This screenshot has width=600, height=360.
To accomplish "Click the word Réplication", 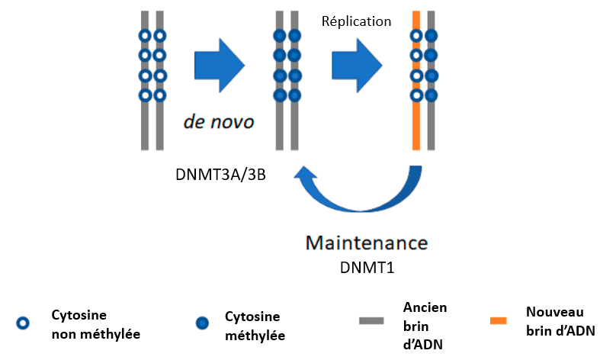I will click(356, 21).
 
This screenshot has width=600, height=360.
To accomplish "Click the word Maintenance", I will click(366, 244).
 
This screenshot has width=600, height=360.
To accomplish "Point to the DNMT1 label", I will click(367, 268).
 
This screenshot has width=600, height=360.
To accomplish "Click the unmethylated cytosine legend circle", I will click(23, 323).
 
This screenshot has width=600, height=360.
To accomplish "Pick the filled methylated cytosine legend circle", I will click(201, 323).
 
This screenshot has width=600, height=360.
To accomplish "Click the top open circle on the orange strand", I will click(416, 35).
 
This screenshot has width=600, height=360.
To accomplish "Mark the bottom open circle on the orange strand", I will click(416, 95).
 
